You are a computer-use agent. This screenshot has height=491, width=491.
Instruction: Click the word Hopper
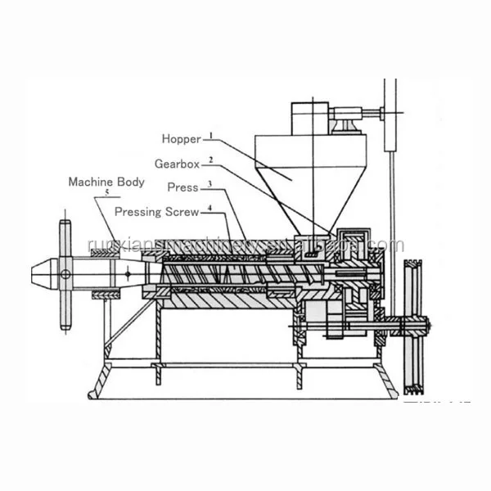point(182,139)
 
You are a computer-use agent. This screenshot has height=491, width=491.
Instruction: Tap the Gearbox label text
point(178,164)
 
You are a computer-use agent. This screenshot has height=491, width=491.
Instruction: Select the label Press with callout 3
point(182,187)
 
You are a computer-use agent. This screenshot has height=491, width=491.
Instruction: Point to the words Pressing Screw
point(156,211)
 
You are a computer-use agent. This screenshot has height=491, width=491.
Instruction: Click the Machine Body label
point(106,182)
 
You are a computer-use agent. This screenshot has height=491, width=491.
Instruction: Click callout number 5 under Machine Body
point(106,194)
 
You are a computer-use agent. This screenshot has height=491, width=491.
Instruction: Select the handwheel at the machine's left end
point(65,274)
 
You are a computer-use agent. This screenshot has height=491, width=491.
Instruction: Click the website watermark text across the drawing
point(245,245)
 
